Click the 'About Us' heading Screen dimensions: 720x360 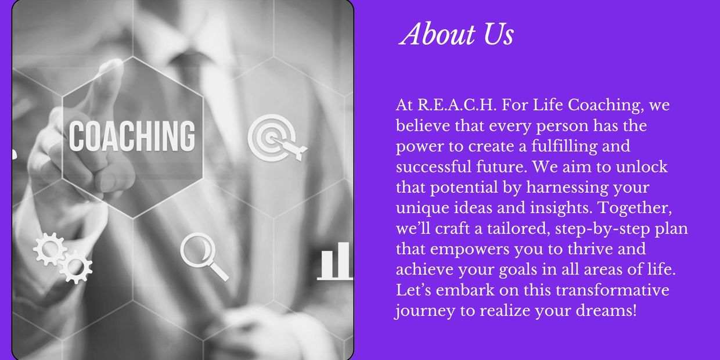[456, 34]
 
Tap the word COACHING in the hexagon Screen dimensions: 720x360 [132, 136]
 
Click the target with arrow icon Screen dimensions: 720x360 [276, 138]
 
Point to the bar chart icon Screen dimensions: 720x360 [334, 261]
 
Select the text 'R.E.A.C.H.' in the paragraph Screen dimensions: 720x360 [457, 105]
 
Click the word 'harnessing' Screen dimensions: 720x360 [567, 188]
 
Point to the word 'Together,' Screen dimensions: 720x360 [635, 208]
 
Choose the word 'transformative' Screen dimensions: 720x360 [613, 290]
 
